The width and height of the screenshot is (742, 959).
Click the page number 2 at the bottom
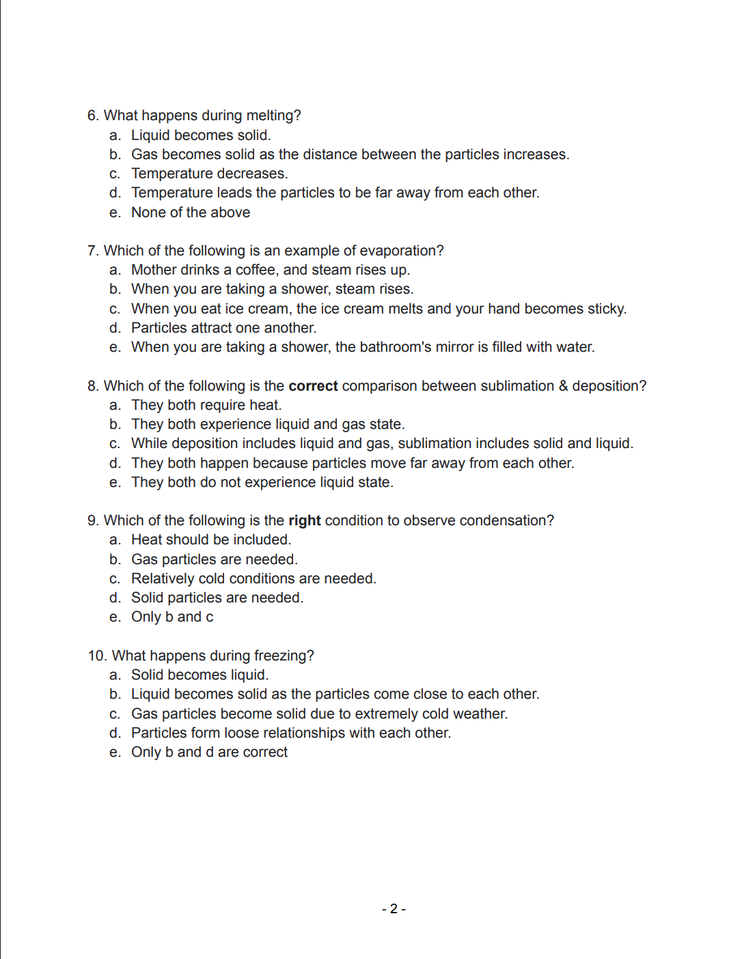click(x=394, y=909)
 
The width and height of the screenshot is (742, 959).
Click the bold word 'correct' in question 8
click(x=313, y=386)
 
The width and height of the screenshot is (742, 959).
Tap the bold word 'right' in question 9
click(x=304, y=520)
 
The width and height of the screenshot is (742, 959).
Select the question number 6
click(x=93, y=115)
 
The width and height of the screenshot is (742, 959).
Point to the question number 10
click(x=97, y=656)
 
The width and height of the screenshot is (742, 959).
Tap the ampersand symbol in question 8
click(x=563, y=386)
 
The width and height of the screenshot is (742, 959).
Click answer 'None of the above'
click(x=191, y=212)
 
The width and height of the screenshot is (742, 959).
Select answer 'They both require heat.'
click(x=206, y=405)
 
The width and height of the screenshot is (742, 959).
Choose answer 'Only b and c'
click(x=172, y=617)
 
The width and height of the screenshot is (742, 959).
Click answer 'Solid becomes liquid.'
click(x=200, y=675)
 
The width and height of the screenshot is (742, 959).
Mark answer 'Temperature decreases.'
click(x=209, y=173)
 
